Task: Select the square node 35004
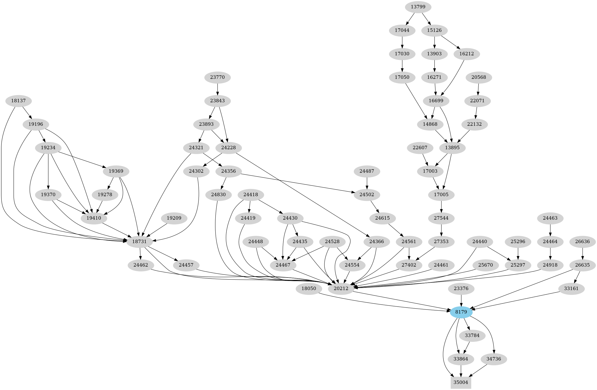tap(461, 382)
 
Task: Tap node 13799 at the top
tap(418, 7)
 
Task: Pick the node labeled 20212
tap(341, 289)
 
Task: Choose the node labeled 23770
tap(218, 77)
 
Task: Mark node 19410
tap(94, 218)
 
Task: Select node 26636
tap(583, 242)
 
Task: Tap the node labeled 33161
tap(571, 289)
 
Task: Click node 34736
tap(494, 359)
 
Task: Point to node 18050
tap(309, 289)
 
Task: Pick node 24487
tap(367, 171)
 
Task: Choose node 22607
tap(420, 148)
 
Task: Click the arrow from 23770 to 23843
tap(218, 89)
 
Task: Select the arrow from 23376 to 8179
tap(461, 300)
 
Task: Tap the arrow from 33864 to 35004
tap(461, 371)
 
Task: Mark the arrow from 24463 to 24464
tap(550, 230)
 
